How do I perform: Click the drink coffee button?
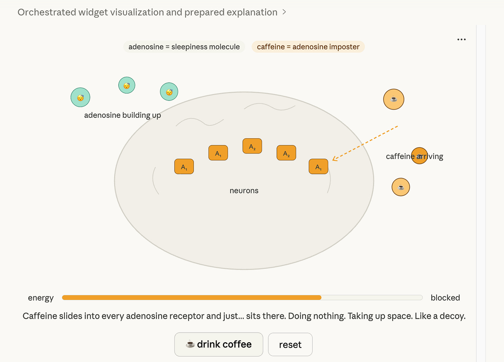(x=218, y=344)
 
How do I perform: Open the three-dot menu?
(x=461, y=39)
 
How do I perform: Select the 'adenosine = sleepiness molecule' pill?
(x=184, y=47)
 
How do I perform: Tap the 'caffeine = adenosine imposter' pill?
(x=308, y=47)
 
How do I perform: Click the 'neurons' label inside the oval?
(x=244, y=191)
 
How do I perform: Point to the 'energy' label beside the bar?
(x=41, y=298)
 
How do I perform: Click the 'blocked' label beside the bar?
(x=445, y=298)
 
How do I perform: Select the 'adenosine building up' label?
(x=123, y=115)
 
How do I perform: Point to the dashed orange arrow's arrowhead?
(x=334, y=159)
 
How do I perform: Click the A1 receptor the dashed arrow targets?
(x=318, y=167)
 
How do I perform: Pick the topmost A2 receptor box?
(x=252, y=146)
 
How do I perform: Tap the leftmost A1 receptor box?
(x=184, y=167)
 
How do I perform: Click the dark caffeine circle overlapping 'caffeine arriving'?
(x=420, y=156)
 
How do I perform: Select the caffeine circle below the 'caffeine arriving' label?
(x=401, y=187)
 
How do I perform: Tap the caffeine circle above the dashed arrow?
(x=394, y=99)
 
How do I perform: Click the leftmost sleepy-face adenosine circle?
(x=80, y=97)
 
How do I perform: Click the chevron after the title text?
(x=284, y=12)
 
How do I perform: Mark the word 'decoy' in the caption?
(x=453, y=316)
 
